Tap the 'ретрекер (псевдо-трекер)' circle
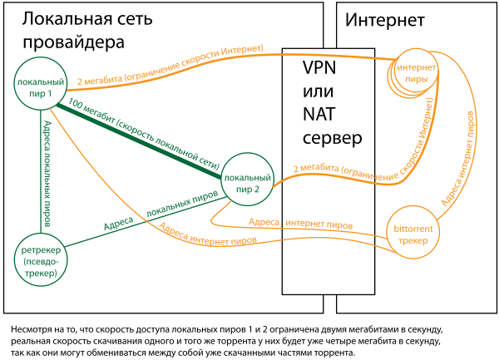tap(40, 260)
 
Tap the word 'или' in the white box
tap(317, 91)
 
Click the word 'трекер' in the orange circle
tap(413, 241)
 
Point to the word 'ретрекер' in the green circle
tap(40, 250)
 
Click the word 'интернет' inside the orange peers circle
tap(414, 67)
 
